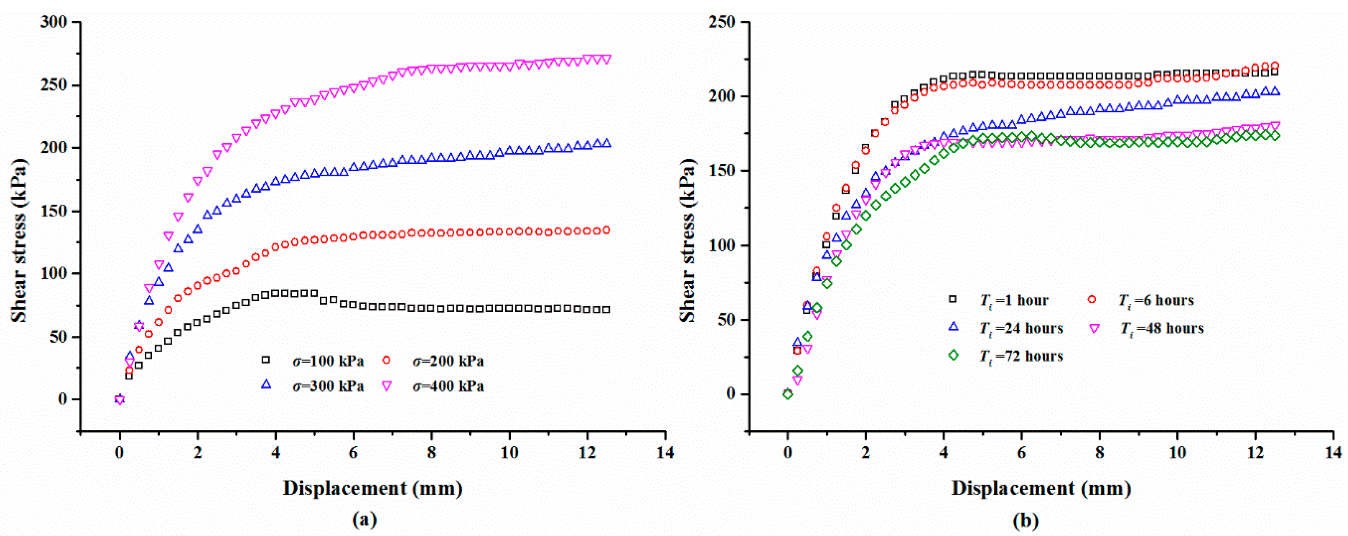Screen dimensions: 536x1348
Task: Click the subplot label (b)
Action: pos(1026,520)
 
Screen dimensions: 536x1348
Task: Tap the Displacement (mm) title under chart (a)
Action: pos(373,488)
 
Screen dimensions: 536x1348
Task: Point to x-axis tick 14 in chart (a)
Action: pos(665,452)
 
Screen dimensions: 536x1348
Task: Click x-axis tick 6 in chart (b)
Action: pos(1021,452)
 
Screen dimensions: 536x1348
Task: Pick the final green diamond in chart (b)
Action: pos(1275,136)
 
